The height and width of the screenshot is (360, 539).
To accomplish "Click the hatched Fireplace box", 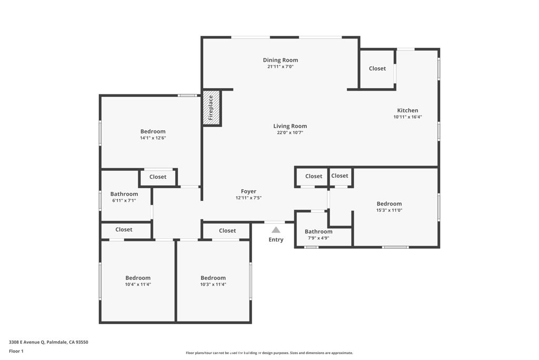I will click(211, 108).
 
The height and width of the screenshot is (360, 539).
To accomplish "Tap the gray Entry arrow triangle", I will click(276, 229).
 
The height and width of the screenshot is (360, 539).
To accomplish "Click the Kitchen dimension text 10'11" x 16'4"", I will click(408, 117).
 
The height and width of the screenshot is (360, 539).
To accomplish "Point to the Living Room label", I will click(290, 126).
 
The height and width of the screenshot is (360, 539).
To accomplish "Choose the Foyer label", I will click(248, 191).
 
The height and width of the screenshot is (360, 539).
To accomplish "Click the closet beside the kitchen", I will click(377, 69).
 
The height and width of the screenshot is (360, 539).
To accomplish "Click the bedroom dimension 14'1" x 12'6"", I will click(153, 138).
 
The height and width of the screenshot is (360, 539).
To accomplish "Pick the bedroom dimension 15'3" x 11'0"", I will click(389, 210).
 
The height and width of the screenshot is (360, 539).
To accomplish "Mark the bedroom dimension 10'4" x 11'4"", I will click(138, 285).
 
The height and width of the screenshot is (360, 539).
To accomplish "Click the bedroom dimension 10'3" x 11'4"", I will click(213, 285).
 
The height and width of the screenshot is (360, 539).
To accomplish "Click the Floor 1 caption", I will click(16, 351).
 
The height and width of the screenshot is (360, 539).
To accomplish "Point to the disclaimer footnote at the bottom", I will click(269, 353).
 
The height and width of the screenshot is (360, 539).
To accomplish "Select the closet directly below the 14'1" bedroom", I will click(158, 177).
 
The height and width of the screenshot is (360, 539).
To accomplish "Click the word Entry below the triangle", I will click(276, 240).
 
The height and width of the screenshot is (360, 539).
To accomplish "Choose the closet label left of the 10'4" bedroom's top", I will click(124, 230).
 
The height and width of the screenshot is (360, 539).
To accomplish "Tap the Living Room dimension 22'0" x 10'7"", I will click(290, 133).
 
